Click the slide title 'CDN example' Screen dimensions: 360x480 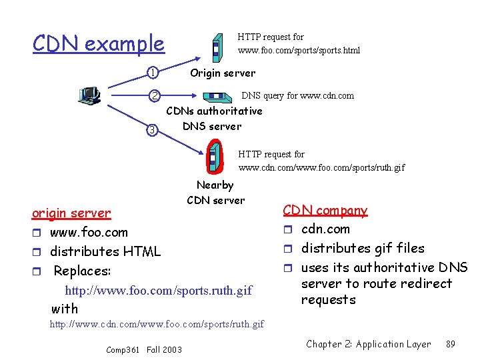(x=98, y=44)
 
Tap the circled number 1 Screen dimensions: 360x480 (x=153, y=72)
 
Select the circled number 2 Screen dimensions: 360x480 (x=153, y=95)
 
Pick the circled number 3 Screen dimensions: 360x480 (x=152, y=129)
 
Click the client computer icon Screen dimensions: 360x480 (x=89, y=97)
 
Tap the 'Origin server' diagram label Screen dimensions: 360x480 (x=223, y=73)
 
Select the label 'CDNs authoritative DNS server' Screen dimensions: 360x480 (x=213, y=118)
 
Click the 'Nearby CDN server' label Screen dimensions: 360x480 (x=215, y=193)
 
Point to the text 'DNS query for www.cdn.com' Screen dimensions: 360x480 (x=297, y=95)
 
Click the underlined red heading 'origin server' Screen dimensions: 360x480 (x=71, y=213)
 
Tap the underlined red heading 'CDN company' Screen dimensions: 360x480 (x=325, y=211)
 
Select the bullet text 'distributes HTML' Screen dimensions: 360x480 (x=105, y=252)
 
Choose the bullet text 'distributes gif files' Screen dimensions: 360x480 (x=363, y=248)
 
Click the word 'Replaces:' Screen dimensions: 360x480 (x=82, y=271)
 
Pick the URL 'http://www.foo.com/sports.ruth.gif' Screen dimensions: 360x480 (x=159, y=291)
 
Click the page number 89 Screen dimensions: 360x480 (x=451, y=344)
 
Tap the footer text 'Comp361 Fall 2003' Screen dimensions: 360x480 (x=144, y=349)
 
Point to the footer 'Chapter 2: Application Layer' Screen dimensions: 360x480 (x=368, y=344)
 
